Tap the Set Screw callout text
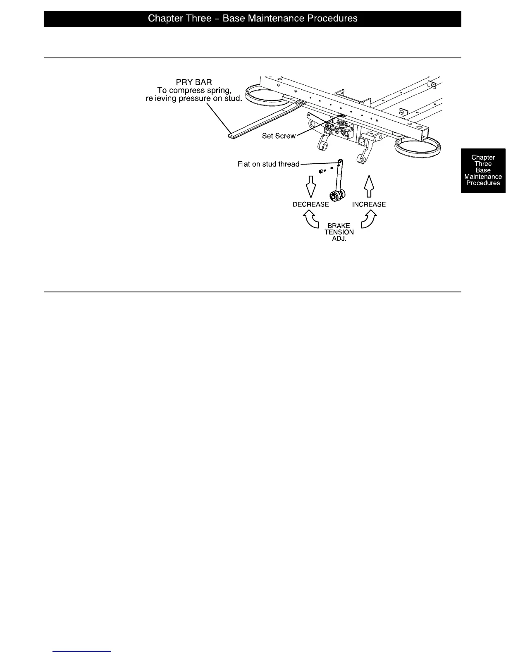[x=279, y=136]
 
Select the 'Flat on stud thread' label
[x=268, y=164]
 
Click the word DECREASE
[x=310, y=204]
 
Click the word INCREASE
[x=369, y=204]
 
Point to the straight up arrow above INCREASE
[x=369, y=185]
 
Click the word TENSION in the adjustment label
[x=339, y=232]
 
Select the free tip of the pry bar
[x=232, y=135]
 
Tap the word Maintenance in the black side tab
[x=483, y=177]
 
